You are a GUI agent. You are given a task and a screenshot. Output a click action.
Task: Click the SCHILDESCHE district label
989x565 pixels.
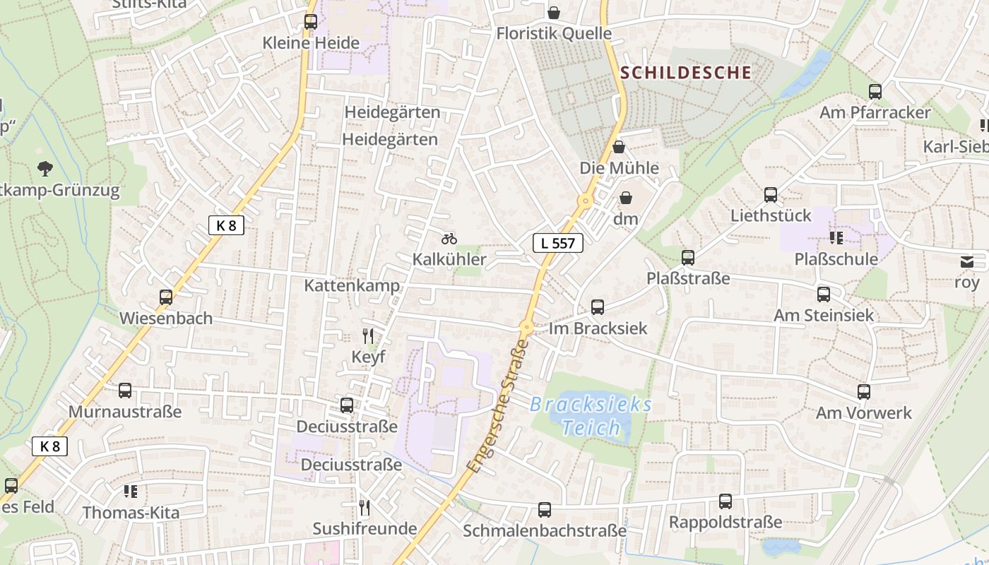click(x=686, y=72)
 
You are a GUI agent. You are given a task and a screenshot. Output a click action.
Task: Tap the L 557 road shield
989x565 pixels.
click(x=557, y=243)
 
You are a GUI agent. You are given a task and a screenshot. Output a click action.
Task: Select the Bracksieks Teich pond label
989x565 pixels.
click(x=591, y=416)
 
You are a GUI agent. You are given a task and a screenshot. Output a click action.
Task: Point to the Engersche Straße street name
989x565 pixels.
click(x=498, y=408)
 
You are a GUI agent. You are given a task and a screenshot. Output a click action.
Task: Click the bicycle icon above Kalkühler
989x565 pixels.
click(x=449, y=239)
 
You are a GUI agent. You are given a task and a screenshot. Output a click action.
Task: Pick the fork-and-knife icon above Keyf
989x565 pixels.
click(x=368, y=335)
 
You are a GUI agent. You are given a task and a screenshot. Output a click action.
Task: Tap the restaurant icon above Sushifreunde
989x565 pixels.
click(x=365, y=507)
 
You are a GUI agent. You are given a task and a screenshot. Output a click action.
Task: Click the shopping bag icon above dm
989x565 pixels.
click(x=625, y=198)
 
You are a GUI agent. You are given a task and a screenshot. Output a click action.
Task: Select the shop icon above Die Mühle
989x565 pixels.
click(x=619, y=147)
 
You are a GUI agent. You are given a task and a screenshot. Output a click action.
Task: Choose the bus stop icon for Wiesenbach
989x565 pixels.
click(x=166, y=297)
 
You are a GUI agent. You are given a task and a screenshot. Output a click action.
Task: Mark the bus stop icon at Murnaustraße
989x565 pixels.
click(x=125, y=390)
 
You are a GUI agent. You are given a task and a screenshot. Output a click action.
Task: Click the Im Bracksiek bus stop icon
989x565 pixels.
click(x=598, y=307)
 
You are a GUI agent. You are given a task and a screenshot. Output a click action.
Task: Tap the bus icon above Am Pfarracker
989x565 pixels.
click(x=875, y=91)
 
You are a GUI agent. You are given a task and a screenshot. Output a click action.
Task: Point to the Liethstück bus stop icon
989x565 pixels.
click(x=771, y=195)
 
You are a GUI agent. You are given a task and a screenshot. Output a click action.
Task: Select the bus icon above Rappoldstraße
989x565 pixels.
click(x=726, y=501)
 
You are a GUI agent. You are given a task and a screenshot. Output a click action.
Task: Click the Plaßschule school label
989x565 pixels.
click(x=836, y=259)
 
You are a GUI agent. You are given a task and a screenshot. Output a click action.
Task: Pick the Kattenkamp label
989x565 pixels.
click(x=352, y=285)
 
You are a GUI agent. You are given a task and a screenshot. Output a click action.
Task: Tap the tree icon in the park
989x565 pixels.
click(x=45, y=168)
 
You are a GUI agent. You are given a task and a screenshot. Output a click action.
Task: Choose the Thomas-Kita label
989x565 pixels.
click(x=131, y=513)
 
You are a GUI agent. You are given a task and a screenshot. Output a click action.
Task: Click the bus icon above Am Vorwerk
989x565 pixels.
click(x=864, y=392)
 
